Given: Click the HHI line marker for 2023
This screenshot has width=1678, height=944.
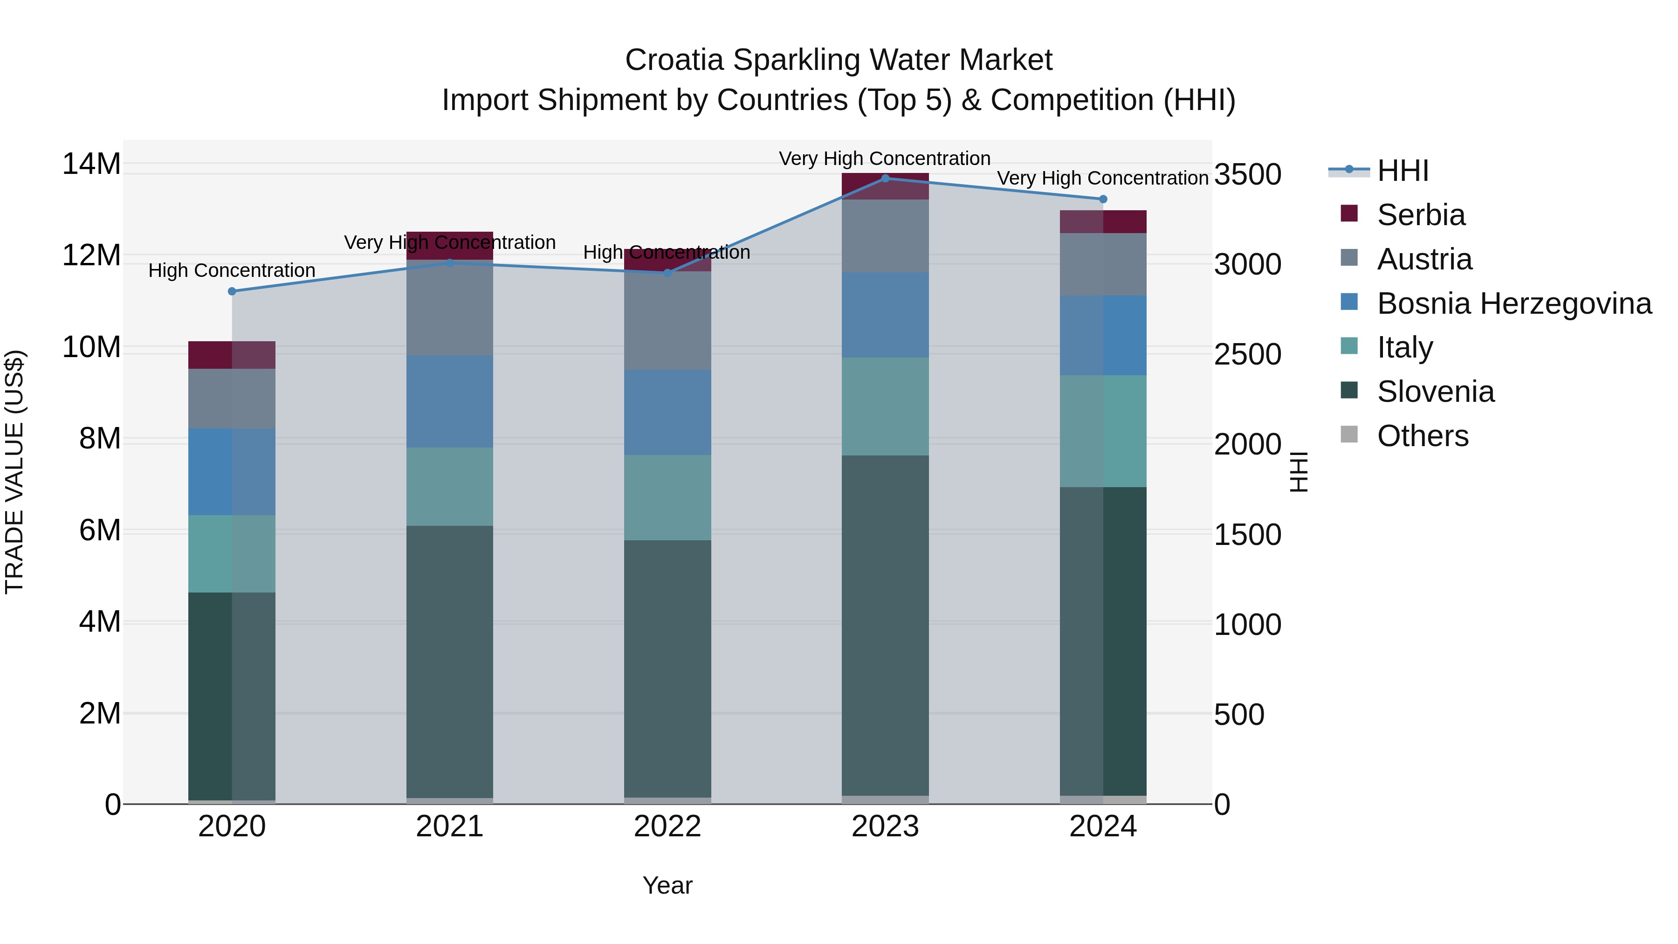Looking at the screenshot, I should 885,179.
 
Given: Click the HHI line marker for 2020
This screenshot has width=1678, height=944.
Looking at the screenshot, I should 232,291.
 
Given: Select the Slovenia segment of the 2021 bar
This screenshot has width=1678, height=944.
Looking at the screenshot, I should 449,661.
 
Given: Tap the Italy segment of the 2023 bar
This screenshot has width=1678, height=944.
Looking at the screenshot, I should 885,406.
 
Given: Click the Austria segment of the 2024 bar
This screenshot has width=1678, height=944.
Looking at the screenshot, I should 1103,264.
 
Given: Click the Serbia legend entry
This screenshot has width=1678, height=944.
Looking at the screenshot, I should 1420,215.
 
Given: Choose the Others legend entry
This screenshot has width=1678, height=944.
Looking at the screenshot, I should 1422,436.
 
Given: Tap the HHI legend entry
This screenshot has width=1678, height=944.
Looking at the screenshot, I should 1402,171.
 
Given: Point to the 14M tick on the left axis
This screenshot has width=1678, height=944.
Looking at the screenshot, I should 91,164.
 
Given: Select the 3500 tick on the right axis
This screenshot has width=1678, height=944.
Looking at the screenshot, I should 1247,175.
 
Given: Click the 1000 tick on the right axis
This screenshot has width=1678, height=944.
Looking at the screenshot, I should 1247,625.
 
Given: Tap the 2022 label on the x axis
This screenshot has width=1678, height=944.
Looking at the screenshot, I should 667,827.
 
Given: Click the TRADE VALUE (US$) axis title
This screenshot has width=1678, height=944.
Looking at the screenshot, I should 14,472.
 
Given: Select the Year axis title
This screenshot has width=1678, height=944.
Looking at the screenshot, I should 667,885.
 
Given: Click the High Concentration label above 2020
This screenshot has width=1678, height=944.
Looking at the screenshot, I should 232,270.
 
